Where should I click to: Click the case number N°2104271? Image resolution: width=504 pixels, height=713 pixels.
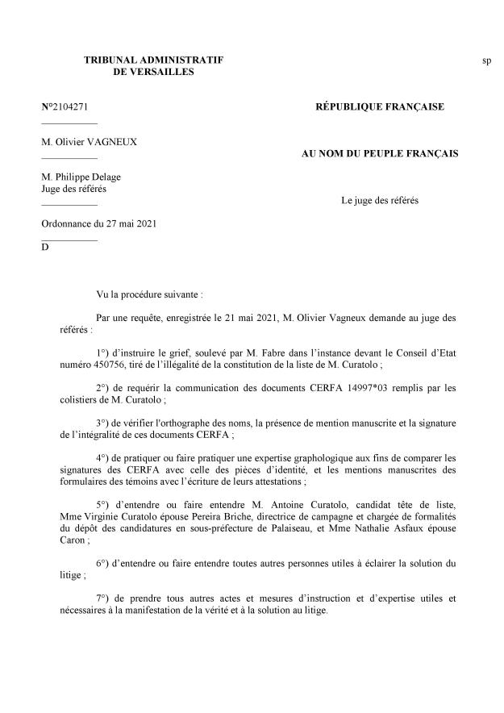(70, 106)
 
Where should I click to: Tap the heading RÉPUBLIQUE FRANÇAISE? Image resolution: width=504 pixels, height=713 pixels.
(379, 106)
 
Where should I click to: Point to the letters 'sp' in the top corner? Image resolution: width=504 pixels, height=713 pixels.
(487, 61)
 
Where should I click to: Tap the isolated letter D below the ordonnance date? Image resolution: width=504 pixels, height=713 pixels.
(45, 247)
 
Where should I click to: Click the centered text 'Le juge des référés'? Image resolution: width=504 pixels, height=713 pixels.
(380, 199)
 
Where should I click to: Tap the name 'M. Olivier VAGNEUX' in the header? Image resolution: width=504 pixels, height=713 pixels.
(90, 142)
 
